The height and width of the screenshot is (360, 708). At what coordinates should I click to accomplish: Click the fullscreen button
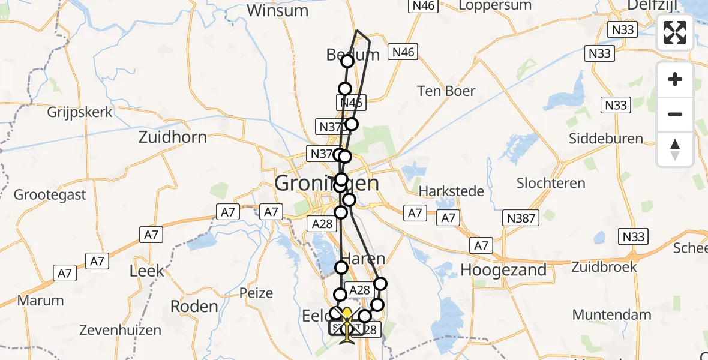point(675,32)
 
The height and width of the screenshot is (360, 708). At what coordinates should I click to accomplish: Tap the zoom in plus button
point(675,80)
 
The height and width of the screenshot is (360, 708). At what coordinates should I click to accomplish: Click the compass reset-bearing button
point(675,149)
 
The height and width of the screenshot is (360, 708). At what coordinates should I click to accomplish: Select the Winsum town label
point(277,11)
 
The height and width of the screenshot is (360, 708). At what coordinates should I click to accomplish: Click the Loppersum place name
point(494,6)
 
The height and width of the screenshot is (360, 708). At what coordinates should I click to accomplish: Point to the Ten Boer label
point(446,91)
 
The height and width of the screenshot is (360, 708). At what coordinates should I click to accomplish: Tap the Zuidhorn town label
point(172,137)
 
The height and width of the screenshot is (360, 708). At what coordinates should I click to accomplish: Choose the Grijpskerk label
point(80,112)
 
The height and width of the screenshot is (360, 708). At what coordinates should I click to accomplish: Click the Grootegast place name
point(50,195)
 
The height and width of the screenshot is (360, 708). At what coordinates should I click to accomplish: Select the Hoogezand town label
point(503,270)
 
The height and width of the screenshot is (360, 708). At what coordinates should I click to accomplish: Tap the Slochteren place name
point(551,183)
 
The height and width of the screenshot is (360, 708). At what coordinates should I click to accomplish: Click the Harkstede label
point(451,191)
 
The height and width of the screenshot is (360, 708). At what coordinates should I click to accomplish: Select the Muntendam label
point(611,314)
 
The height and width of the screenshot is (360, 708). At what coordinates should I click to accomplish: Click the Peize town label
point(256,293)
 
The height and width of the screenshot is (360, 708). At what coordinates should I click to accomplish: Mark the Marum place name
point(41,301)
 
